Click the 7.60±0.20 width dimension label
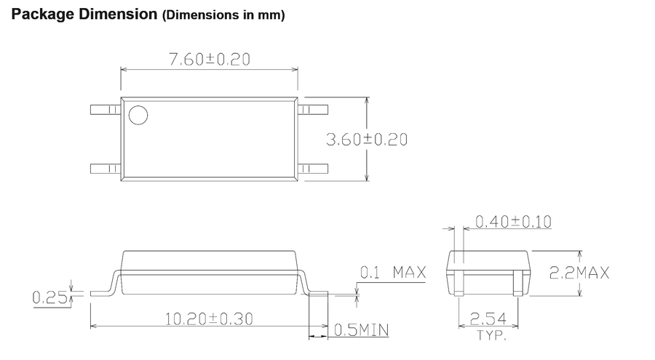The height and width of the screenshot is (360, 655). click(x=210, y=60)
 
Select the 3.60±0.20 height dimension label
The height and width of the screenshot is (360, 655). click(x=367, y=140)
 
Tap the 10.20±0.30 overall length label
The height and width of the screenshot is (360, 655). click(x=210, y=319)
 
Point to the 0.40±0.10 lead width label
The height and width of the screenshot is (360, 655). click(x=513, y=221)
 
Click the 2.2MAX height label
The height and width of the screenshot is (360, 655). click(x=579, y=273)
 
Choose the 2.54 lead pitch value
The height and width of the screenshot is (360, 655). click(x=488, y=319)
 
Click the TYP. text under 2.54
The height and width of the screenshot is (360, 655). click(x=491, y=335)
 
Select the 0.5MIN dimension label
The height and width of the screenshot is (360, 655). click(x=362, y=330)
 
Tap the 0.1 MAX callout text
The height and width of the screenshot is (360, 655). click(x=393, y=272)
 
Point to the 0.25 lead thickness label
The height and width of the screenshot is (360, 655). click(x=49, y=297)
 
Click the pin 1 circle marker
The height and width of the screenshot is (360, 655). click(x=138, y=115)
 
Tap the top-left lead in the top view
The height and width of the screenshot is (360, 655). click(x=106, y=110)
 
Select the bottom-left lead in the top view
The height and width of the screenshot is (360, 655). click(x=106, y=169)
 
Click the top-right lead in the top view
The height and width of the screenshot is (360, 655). click(x=313, y=110)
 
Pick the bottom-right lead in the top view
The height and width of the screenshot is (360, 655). click(x=313, y=169)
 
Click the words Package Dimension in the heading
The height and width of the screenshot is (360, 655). click(x=84, y=15)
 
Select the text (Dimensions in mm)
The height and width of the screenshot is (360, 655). click(x=223, y=15)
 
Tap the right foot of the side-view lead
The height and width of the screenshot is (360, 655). click(x=318, y=294)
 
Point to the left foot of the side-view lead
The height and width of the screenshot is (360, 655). click(x=100, y=294)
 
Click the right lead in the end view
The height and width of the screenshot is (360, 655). click(x=518, y=283)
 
